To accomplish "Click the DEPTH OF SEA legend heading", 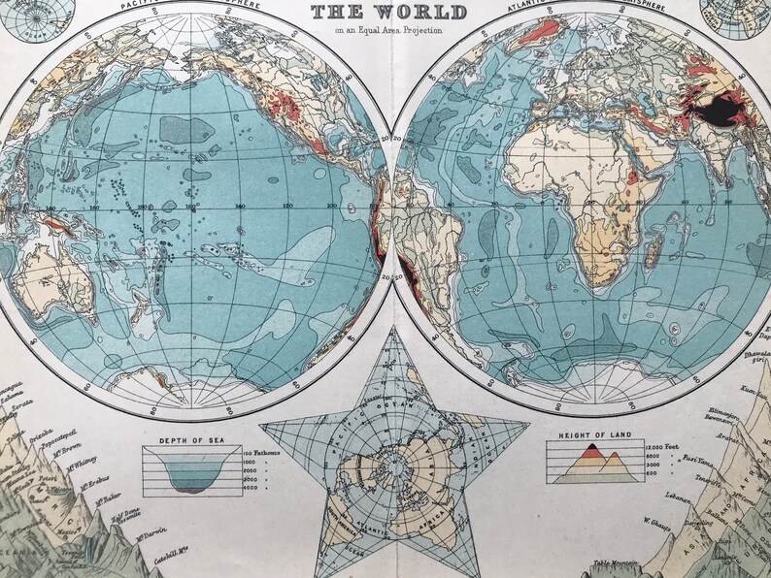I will (181, 439).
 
